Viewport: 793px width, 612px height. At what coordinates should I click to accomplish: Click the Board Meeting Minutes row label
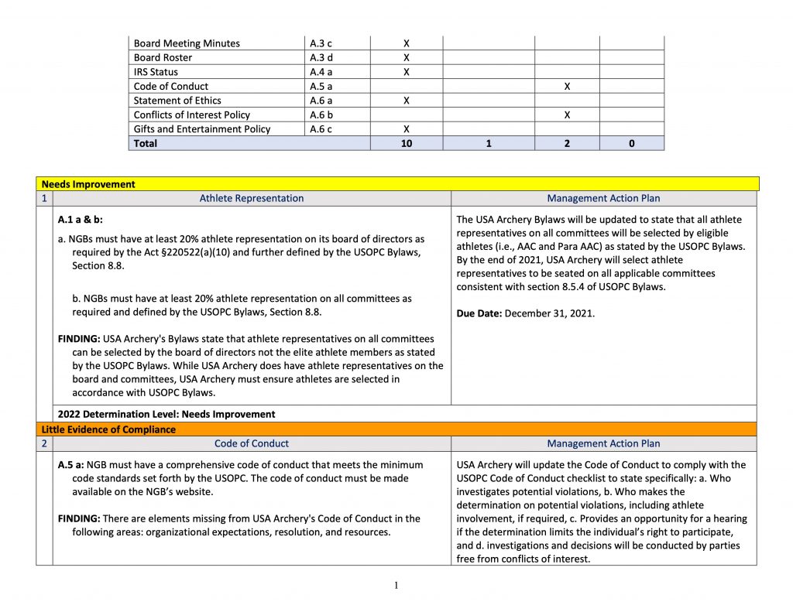187,43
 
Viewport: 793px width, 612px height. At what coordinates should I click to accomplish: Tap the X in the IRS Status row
406,72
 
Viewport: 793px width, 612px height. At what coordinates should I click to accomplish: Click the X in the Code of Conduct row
567,86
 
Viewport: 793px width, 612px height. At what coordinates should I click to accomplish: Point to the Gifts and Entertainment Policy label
202,128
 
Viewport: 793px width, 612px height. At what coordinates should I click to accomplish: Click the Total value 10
406,143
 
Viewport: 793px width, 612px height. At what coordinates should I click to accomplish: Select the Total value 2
567,143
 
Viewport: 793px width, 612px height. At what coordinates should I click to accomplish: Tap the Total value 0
632,143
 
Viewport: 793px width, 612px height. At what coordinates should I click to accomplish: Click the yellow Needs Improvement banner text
88,184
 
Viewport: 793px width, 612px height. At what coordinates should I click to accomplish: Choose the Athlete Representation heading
252,198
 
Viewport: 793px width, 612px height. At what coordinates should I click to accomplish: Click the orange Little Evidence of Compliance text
108,429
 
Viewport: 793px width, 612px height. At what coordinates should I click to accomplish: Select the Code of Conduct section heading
252,443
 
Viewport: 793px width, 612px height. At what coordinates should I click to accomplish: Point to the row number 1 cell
44,198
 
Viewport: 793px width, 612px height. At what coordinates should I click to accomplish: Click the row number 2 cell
44,443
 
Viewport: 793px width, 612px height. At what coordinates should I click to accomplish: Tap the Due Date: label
479,314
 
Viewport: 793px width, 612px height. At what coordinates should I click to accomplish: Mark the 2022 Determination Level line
166,414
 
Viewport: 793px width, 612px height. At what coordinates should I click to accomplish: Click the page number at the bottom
396,585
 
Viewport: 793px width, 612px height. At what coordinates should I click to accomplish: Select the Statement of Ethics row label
177,101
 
